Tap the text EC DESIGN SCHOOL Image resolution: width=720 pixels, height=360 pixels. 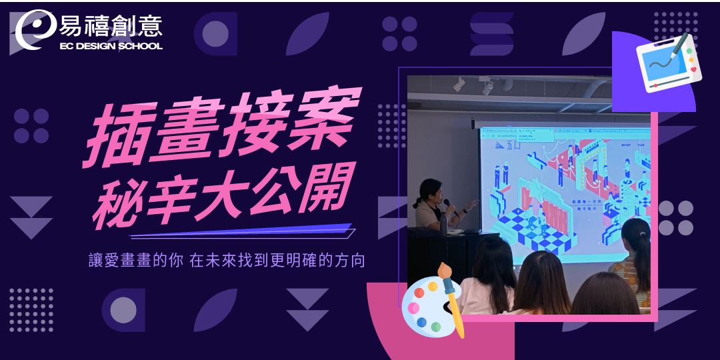click(111, 47)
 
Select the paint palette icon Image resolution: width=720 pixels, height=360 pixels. click(425, 308)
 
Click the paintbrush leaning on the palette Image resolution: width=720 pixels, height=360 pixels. click(450, 297)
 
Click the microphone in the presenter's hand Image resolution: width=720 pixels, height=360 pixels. click(448, 203)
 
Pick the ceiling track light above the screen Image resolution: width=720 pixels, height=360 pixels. click(459, 85)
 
